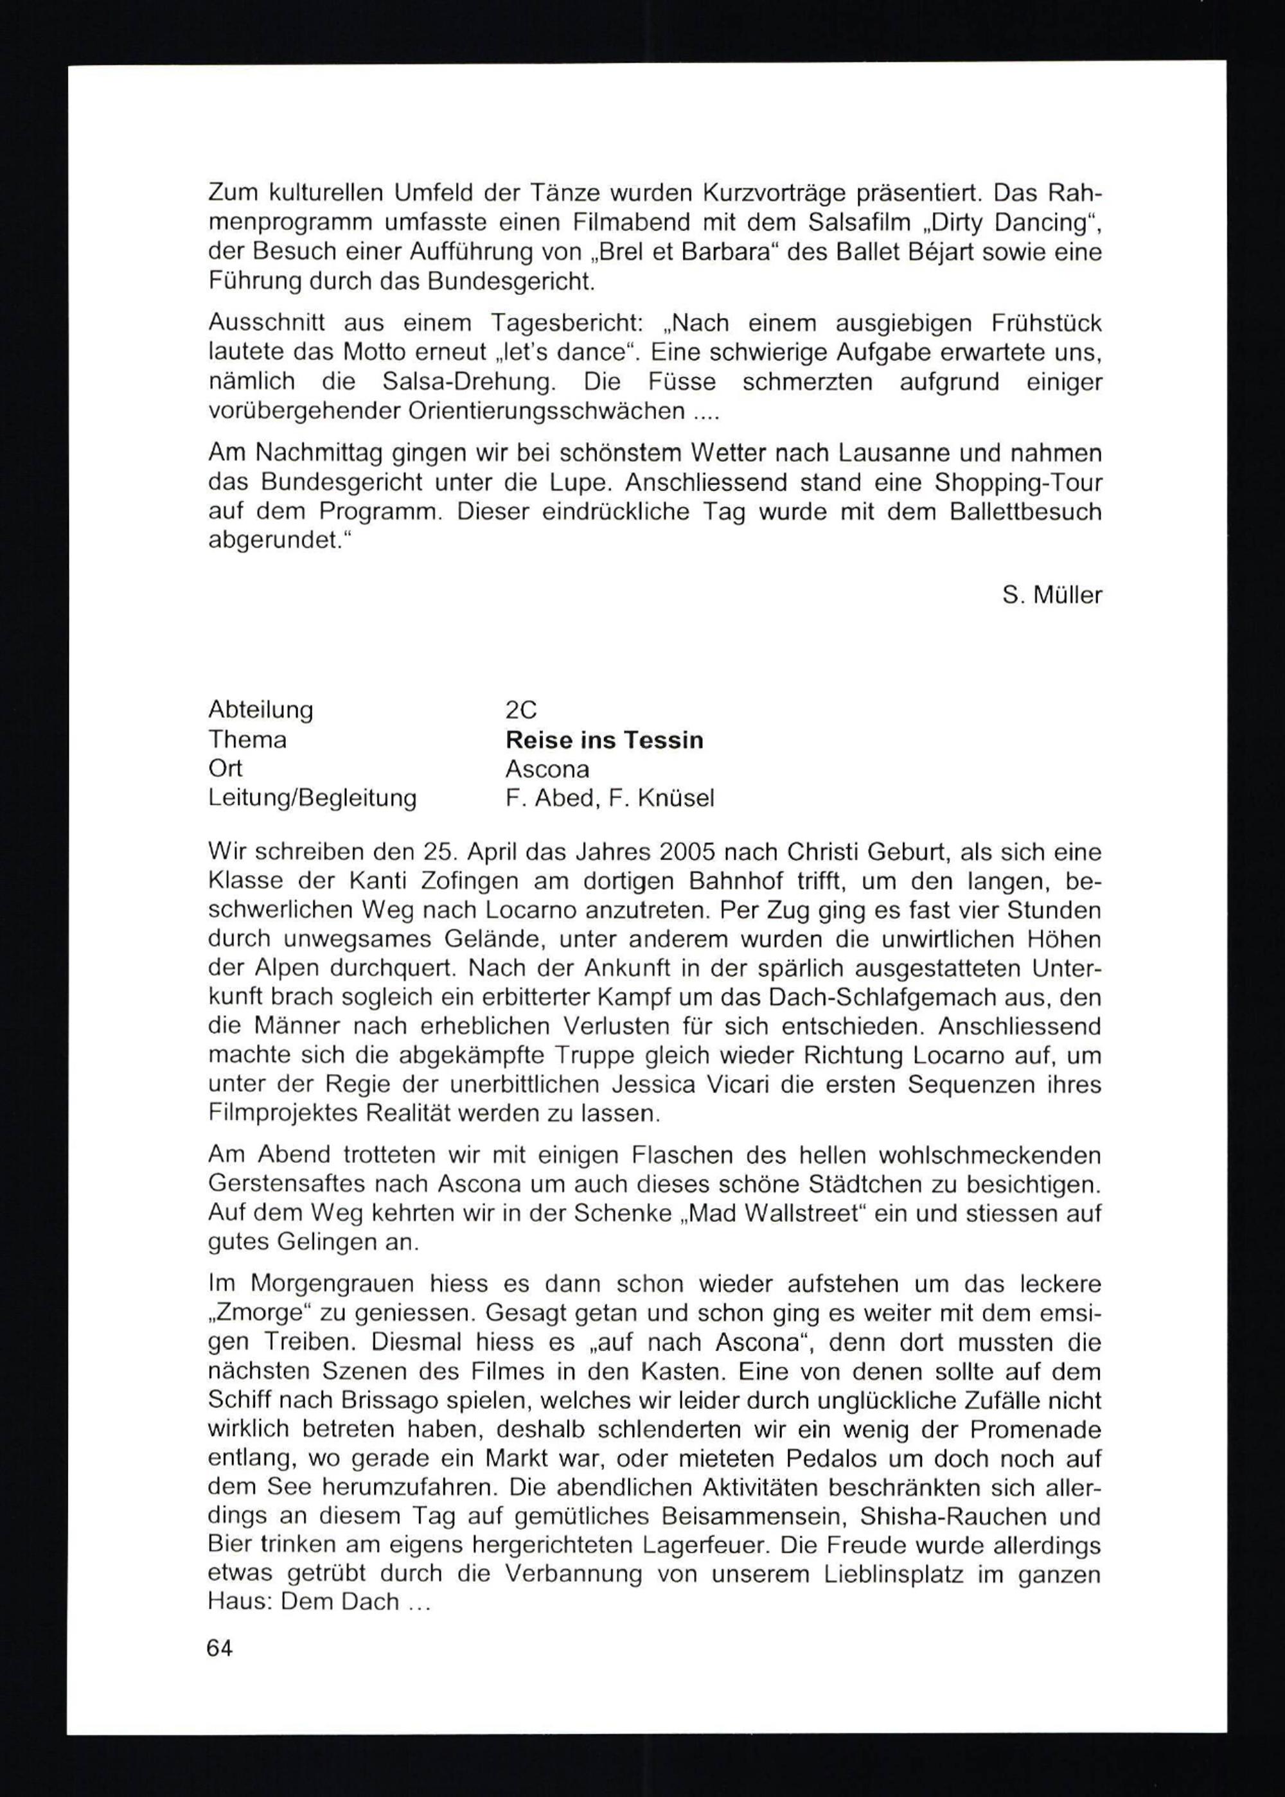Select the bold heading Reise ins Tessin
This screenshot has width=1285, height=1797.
click(604, 740)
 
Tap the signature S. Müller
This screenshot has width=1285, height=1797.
click(1052, 594)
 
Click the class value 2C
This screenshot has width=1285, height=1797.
click(520, 710)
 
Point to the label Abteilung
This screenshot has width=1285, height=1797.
click(260, 710)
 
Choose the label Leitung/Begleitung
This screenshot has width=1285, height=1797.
click(312, 797)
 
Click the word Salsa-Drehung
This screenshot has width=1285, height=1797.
click(469, 382)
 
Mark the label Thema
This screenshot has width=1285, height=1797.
click(247, 740)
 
